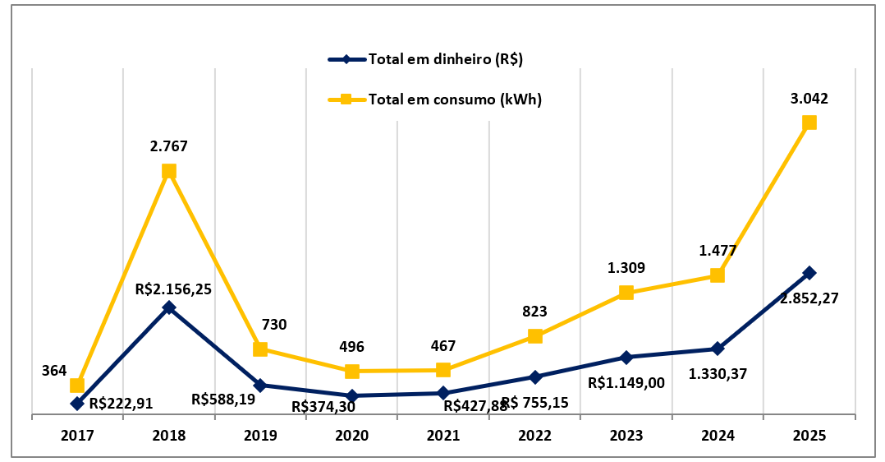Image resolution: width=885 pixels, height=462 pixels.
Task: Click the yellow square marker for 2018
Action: pos(169,171)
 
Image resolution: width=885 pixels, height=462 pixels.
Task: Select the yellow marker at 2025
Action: pos(809,122)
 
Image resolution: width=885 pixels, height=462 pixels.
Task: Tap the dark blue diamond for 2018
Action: pos(169,307)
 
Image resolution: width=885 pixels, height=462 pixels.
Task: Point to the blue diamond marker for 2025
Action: pos(809,273)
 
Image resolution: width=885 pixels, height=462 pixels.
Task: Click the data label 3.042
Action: pos(809,99)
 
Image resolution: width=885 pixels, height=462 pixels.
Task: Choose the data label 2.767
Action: pos(169,147)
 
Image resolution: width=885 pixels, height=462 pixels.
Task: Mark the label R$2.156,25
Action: pos(173,289)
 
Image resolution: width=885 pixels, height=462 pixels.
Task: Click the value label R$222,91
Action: pos(121,404)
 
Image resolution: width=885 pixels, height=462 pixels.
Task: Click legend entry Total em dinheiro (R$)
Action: pos(446,59)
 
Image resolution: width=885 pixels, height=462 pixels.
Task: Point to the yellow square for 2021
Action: pos(443,370)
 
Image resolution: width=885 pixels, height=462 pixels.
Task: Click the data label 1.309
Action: pos(626,268)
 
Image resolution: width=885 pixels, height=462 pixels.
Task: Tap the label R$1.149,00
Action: pos(626,382)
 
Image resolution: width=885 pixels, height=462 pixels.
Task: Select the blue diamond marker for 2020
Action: pos(351,395)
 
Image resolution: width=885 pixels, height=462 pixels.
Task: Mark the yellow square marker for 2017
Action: pos(77,386)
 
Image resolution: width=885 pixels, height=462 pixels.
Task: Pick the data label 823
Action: pos(534,312)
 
